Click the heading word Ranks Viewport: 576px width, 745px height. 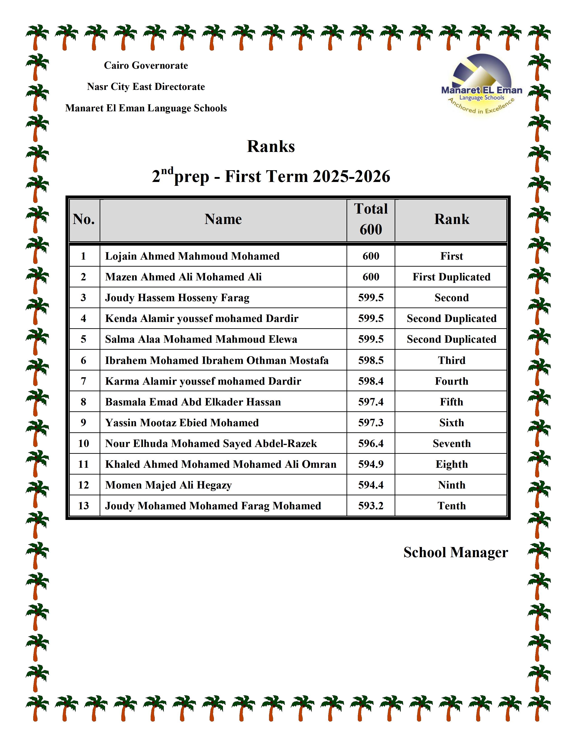[x=271, y=146]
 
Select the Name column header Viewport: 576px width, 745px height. [x=223, y=219]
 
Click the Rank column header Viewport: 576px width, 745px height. [x=452, y=219]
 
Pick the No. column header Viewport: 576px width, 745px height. [x=84, y=219]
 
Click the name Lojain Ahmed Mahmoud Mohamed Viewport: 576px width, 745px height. [x=192, y=256]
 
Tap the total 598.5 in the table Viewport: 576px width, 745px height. [x=371, y=360]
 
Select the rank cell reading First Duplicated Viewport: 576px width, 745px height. [x=452, y=277]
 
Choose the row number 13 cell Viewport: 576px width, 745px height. [x=84, y=505]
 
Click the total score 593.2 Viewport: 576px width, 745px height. [x=371, y=505]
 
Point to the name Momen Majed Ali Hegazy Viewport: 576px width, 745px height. [x=168, y=485]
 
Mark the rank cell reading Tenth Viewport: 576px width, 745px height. [x=452, y=505]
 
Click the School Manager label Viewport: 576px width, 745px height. [x=456, y=552]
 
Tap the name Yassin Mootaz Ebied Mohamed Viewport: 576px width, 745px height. [x=182, y=423]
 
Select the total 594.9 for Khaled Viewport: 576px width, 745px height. [x=371, y=464]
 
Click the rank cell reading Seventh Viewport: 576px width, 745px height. [x=452, y=443]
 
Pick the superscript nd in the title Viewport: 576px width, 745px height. [x=167, y=170]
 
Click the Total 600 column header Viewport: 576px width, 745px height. [x=371, y=219]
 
